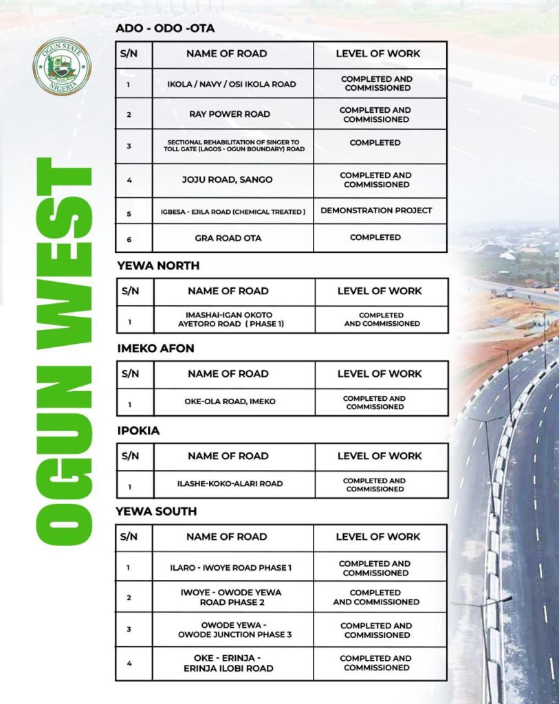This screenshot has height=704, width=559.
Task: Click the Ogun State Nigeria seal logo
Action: pyautogui.click(x=62, y=67)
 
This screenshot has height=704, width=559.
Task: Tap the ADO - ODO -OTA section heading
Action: pyautogui.click(x=165, y=28)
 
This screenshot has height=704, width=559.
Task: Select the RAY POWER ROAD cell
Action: pyautogui.click(x=230, y=114)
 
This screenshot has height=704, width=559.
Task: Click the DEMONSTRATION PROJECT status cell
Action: pyautogui.click(x=376, y=210)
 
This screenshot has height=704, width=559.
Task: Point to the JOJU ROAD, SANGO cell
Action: pyautogui.click(x=227, y=179)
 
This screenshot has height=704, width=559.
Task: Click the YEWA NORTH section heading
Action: pyautogui.click(x=158, y=265)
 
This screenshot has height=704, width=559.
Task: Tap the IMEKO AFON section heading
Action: pyautogui.click(x=155, y=348)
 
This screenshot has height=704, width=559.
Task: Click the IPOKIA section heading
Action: pyautogui.click(x=138, y=430)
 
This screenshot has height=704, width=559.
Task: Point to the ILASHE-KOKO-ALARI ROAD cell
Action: pyautogui.click(x=230, y=483)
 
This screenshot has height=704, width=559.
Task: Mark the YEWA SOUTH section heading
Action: pyautogui.click(x=157, y=511)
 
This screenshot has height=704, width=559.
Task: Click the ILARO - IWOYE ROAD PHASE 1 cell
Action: pyautogui.click(x=231, y=568)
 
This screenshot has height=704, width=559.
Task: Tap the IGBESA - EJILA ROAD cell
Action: pyautogui.click(x=229, y=212)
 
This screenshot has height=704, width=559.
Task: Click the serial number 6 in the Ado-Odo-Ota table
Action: pyautogui.click(x=129, y=239)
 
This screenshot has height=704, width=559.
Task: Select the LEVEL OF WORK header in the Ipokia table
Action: pyautogui.click(x=380, y=456)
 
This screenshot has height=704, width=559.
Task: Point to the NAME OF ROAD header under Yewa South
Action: pyautogui.click(x=227, y=536)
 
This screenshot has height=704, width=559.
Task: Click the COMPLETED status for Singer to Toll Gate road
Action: pyautogui.click(x=375, y=143)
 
